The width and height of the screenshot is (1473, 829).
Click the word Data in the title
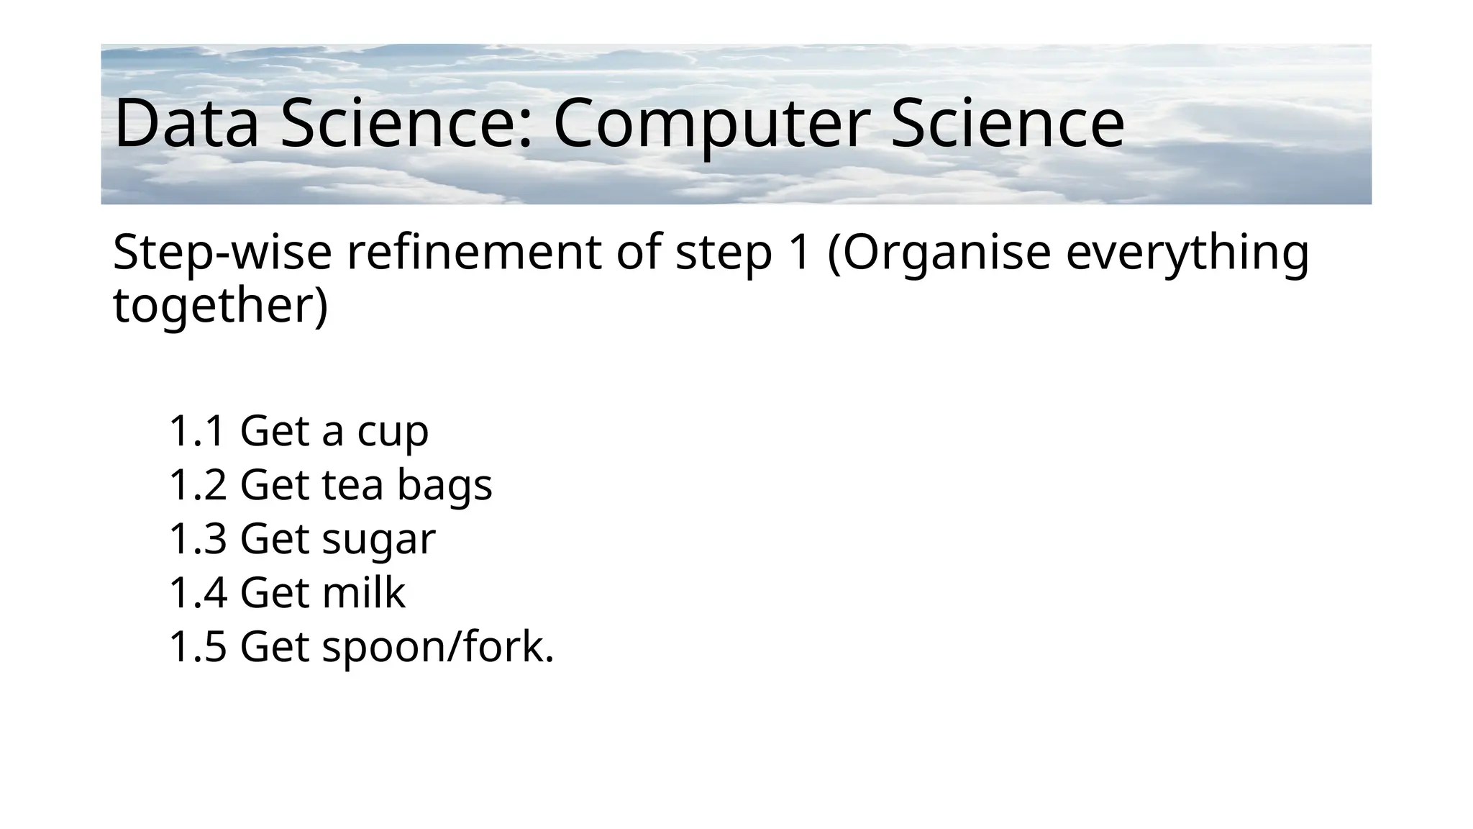tap(186, 124)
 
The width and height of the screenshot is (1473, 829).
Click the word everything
tap(1187, 253)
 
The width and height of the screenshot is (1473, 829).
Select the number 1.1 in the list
tap(197, 431)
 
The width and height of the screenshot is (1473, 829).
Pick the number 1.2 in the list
tap(197, 485)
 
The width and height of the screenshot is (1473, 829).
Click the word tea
tap(352, 485)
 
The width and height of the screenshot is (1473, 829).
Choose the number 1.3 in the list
tap(197, 539)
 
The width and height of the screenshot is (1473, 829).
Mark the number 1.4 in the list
tap(197, 593)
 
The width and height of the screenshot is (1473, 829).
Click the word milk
tap(363, 593)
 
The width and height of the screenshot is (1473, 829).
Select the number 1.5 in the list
tap(197, 647)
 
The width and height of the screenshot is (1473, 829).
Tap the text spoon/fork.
tap(438, 648)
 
